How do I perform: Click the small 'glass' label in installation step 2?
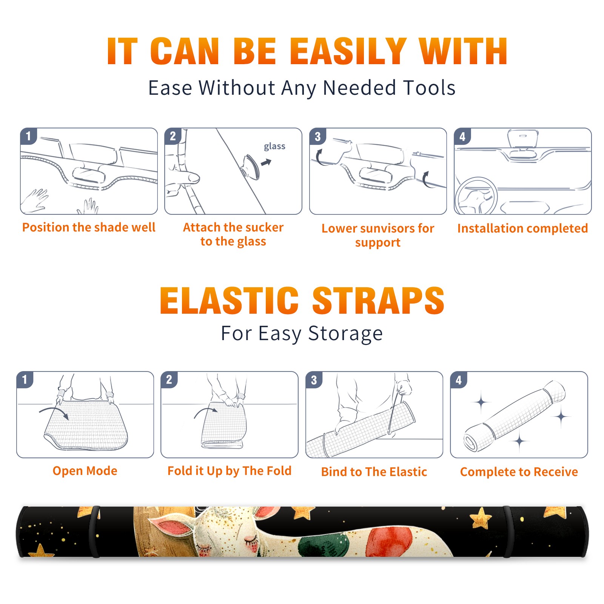click(274, 146)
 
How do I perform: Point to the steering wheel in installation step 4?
click(476, 196)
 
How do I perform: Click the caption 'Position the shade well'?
click(89, 227)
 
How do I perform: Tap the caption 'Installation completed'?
click(522, 228)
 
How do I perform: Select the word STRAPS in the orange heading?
click(378, 300)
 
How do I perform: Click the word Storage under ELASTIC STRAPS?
click(345, 334)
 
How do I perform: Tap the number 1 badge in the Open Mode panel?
click(25, 379)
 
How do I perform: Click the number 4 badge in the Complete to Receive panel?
click(459, 380)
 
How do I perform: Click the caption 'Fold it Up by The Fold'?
click(230, 471)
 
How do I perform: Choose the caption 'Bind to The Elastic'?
click(374, 472)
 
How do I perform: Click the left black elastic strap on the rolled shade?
click(95, 532)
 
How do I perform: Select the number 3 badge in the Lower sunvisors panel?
click(317, 136)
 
